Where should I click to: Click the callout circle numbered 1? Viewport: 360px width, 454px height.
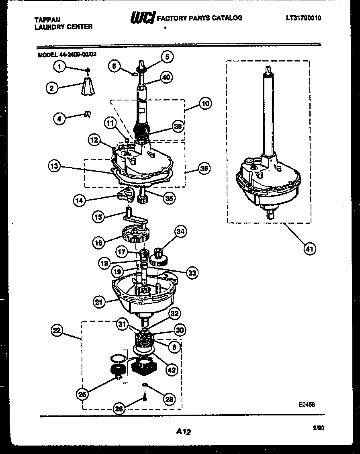[60, 67]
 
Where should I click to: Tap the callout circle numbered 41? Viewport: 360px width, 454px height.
[309, 249]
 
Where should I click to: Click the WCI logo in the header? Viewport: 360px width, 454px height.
[142, 18]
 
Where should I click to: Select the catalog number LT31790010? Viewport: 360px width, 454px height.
[303, 18]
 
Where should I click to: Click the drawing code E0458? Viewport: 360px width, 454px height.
[306, 404]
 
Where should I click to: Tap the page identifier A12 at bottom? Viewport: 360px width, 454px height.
[183, 432]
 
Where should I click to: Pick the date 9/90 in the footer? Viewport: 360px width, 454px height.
[319, 428]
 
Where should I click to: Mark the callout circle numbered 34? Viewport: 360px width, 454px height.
[181, 231]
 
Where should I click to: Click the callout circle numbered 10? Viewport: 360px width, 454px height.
[205, 104]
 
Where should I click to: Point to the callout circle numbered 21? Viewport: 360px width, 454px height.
[100, 302]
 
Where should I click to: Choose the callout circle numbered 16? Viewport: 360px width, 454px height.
[99, 242]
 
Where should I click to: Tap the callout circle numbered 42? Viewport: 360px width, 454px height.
[172, 370]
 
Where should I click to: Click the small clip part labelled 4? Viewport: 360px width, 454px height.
[87, 115]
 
